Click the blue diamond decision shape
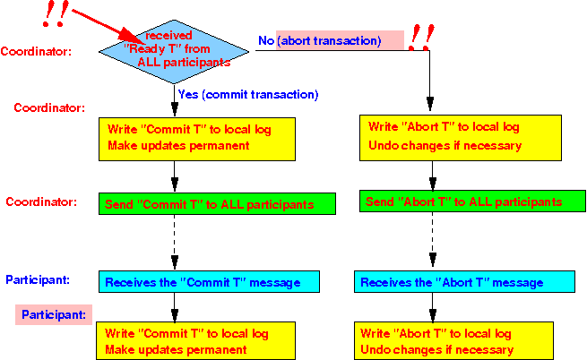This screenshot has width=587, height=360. (x=174, y=52)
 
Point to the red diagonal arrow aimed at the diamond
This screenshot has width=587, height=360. (x=106, y=25)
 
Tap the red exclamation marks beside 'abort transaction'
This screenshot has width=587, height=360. (x=421, y=38)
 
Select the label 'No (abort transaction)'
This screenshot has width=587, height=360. (x=319, y=40)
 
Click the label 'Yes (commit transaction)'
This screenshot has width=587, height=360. (x=248, y=94)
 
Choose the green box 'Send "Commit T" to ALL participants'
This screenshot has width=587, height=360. (x=217, y=204)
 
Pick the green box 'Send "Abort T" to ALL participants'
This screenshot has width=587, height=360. (x=472, y=201)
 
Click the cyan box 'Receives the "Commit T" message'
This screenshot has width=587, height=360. (x=209, y=282)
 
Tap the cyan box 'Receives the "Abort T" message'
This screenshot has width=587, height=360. (x=464, y=282)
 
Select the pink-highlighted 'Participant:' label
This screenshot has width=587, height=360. (x=54, y=314)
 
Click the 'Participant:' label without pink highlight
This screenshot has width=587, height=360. (x=38, y=279)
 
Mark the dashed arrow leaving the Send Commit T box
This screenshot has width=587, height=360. (x=175, y=242)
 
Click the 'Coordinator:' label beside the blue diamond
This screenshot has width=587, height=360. (x=36, y=51)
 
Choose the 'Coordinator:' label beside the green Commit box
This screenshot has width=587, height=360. (x=41, y=201)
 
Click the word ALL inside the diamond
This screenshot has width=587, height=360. (x=149, y=62)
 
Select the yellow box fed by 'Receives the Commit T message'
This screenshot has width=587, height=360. (x=195, y=341)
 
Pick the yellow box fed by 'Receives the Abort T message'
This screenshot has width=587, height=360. (x=453, y=341)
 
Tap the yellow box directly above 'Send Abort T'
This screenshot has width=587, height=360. (x=461, y=138)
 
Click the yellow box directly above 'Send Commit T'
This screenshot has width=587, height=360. (x=197, y=139)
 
